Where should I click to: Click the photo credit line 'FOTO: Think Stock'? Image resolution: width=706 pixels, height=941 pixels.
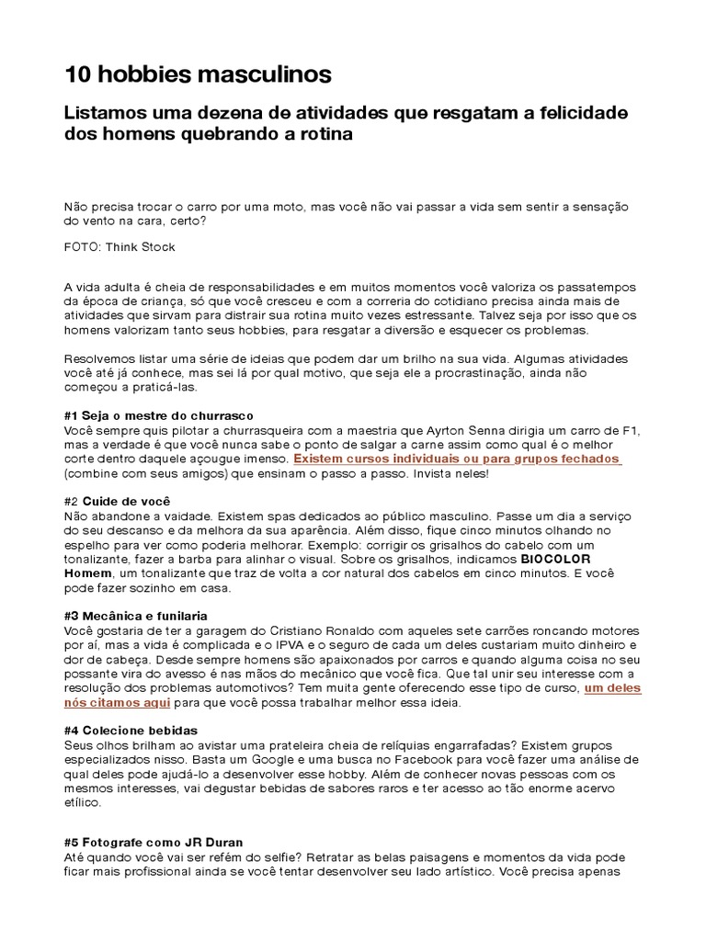[x=120, y=247]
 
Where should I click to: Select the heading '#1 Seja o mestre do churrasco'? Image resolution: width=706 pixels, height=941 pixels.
[x=158, y=415]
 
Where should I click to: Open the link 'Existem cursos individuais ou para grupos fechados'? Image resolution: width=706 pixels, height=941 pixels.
[x=457, y=459]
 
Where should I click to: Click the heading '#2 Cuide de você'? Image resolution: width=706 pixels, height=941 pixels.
[x=126, y=502]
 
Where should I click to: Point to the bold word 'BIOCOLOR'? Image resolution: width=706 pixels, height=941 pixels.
[x=556, y=559]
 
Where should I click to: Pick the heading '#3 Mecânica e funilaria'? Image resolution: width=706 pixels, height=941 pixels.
[x=135, y=616]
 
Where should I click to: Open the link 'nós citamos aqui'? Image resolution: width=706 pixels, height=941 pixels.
[x=117, y=703]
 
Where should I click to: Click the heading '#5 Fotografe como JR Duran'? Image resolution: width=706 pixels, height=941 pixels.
[x=153, y=842]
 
